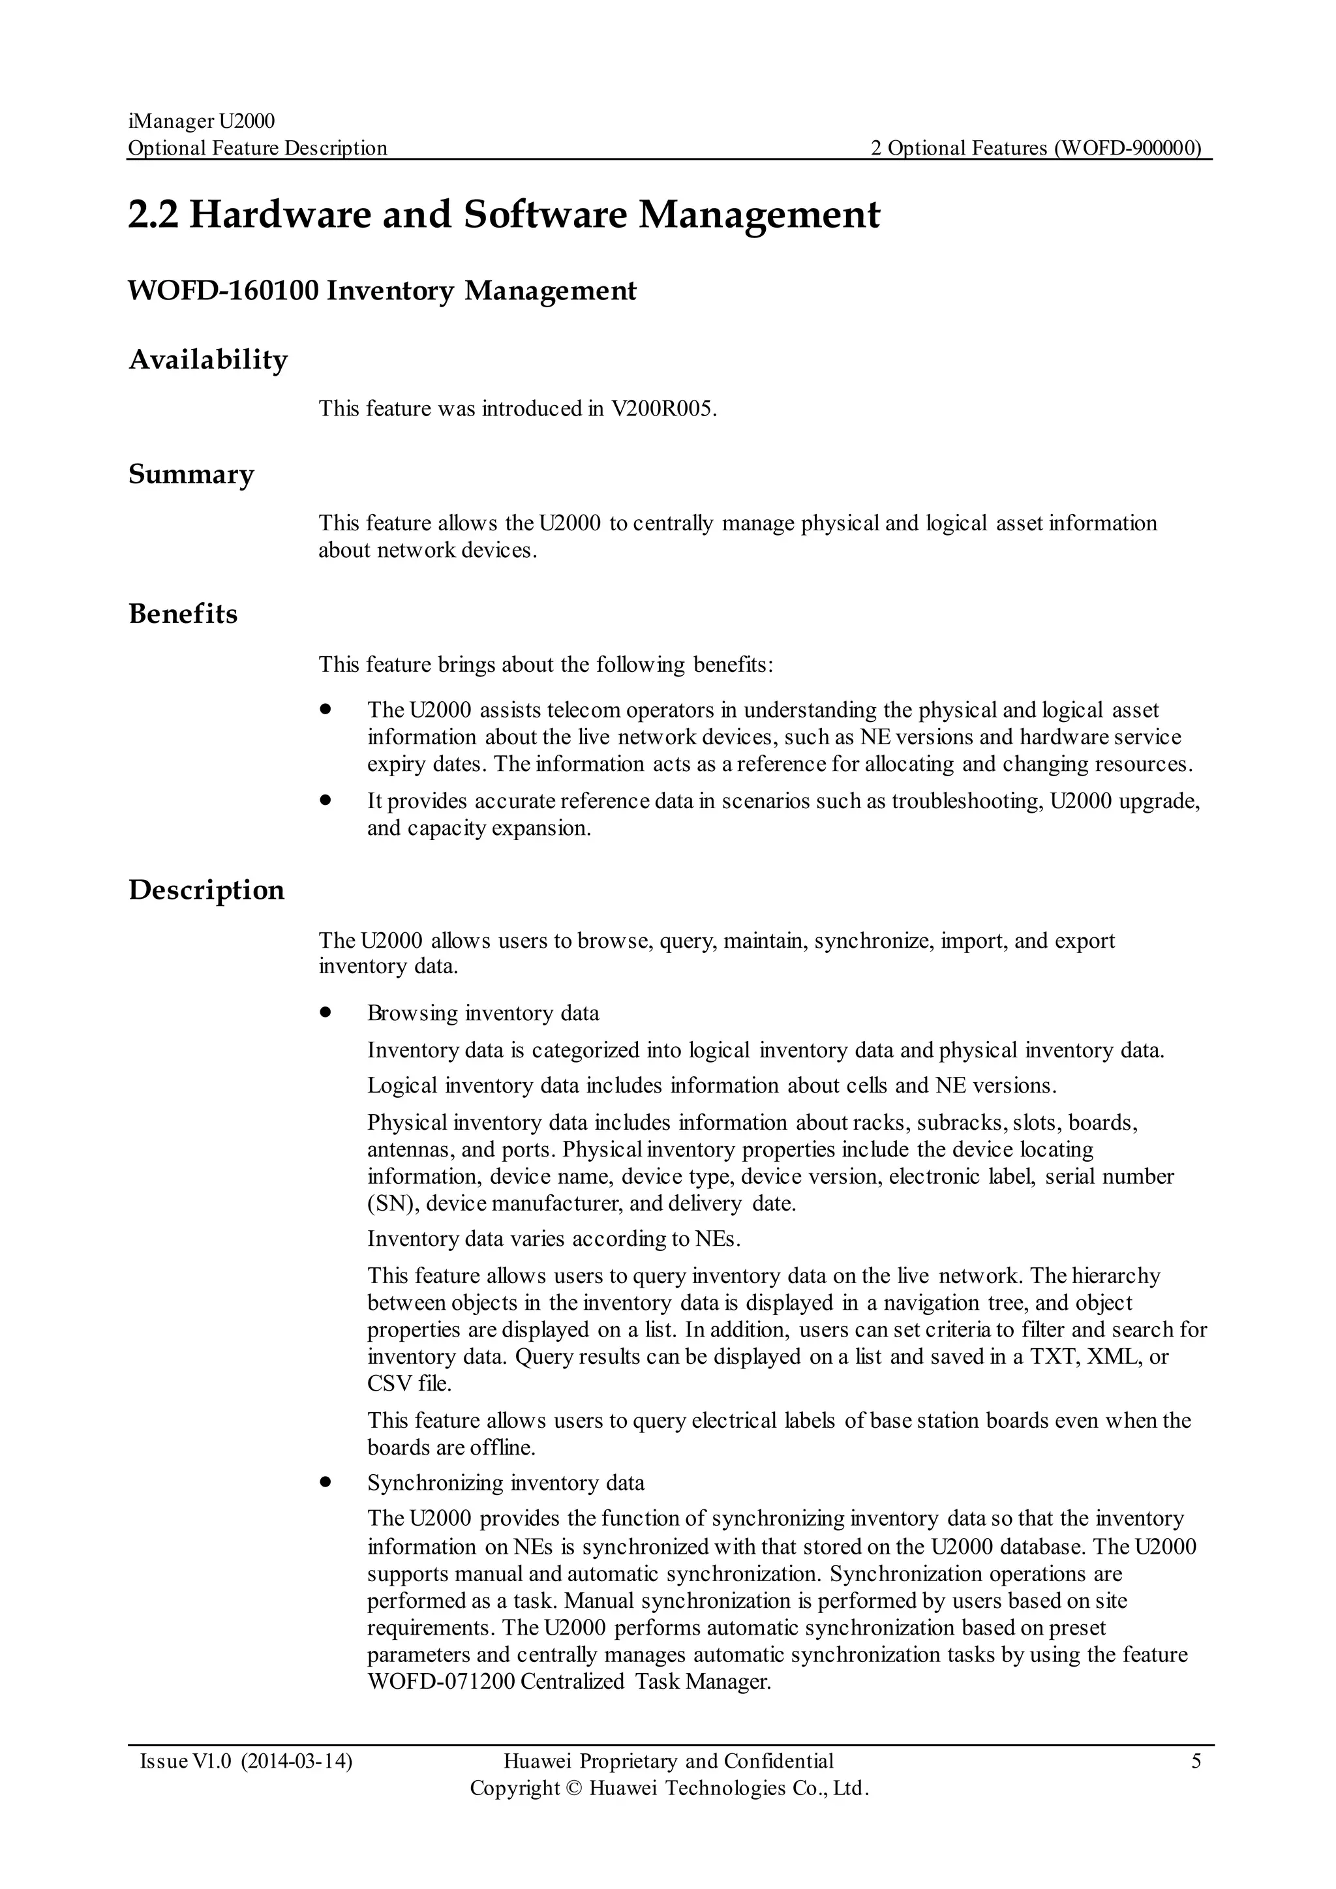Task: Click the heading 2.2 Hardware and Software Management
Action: (x=504, y=215)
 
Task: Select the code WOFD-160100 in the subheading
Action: (x=223, y=292)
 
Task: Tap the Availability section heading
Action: (x=208, y=359)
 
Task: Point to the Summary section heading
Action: (x=191, y=475)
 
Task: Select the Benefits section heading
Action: (x=183, y=614)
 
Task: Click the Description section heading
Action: (x=207, y=890)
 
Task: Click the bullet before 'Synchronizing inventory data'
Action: (x=326, y=1483)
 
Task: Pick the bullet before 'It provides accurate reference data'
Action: (x=326, y=800)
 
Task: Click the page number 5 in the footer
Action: (x=1196, y=1761)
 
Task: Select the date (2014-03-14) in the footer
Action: (x=297, y=1761)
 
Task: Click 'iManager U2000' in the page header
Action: (x=202, y=122)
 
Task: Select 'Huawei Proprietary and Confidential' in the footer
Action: (x=668, y=1761)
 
